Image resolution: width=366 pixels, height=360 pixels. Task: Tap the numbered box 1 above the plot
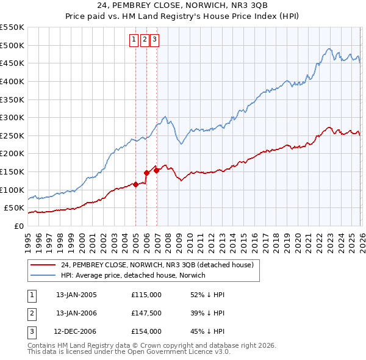click(x=134, y=40)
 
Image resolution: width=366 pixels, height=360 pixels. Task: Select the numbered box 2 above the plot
click(x=144, y=40)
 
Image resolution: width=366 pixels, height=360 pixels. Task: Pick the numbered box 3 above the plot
click(x=154, y=40)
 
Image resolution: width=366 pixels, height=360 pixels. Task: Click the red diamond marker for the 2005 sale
click(x=135, y=184)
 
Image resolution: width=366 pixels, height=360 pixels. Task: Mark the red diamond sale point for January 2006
click(x=146, y=173)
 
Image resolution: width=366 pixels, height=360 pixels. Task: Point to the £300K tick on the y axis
click(x=12, y=117)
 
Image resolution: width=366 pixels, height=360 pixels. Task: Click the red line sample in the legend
click(x=43, y=265)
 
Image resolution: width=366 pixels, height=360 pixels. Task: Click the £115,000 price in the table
click(x=146, y=295)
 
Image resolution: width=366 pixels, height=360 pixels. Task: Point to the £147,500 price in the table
click(x=146, y=313)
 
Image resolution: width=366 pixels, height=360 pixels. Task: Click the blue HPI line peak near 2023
click(x=329, y=49)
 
